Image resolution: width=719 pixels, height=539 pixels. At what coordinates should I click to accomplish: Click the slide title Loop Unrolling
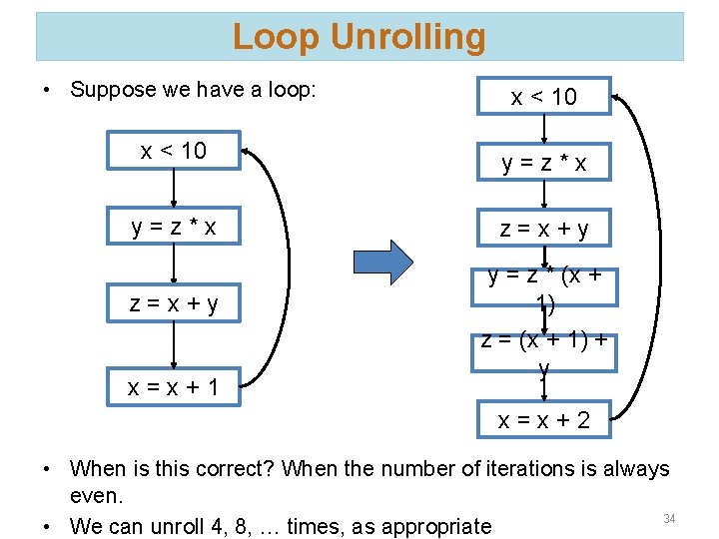(x=359, y=37)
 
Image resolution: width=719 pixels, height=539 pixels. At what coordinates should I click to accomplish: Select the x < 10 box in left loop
(x=174, y=151)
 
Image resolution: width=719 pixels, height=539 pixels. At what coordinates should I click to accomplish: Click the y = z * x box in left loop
(x=174, y=228)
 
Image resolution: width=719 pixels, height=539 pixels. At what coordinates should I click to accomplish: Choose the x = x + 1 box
(x=174, y=386)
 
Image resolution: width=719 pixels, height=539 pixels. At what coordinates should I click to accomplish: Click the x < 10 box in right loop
(x=543, y=97)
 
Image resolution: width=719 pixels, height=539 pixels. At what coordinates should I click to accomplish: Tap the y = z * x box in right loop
(x=543, y=164)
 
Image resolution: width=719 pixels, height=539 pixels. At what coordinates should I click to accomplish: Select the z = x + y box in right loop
(x=543, y=229)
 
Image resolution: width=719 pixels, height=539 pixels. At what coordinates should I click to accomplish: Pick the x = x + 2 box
(x=543, y=420)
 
